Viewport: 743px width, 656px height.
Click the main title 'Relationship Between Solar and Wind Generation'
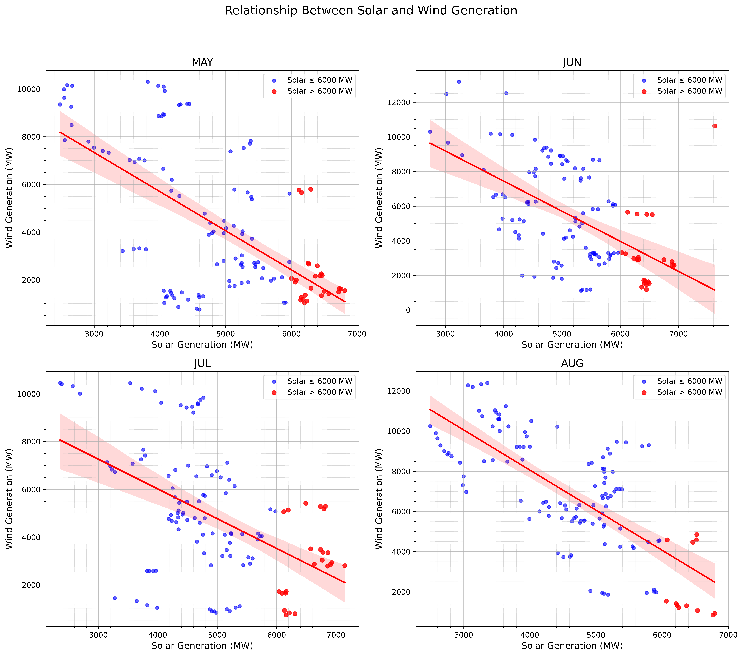371,11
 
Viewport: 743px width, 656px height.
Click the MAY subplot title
202,62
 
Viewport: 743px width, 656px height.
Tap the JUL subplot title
202,364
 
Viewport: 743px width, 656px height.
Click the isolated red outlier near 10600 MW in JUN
715,126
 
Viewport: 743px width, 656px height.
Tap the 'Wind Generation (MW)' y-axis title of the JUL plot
9,499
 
